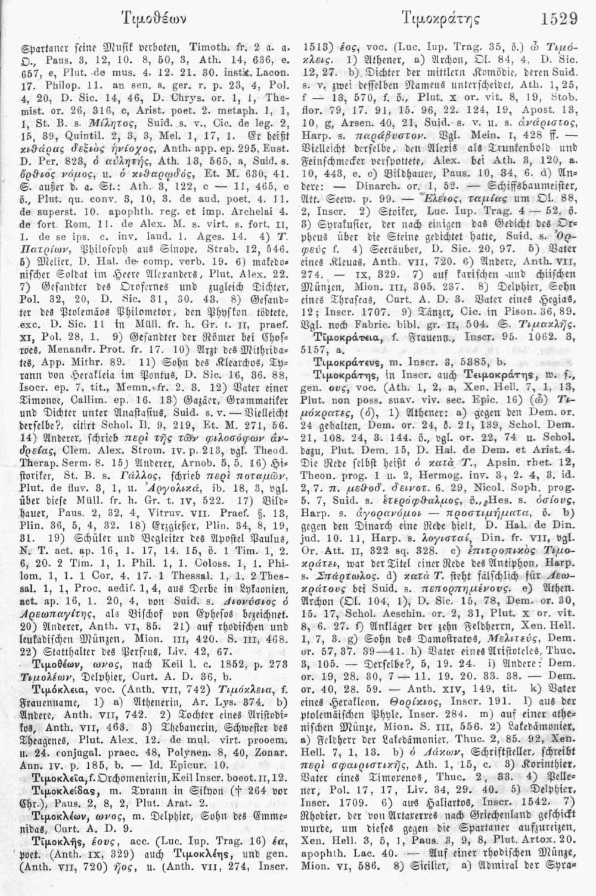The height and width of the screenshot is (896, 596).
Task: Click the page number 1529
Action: click(560, 18)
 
